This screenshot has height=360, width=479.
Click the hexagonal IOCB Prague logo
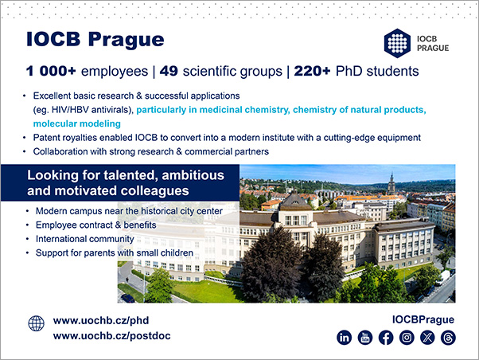[x=397, y=43]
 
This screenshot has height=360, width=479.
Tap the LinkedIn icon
[x=345, y=338]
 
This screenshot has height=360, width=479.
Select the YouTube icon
[x=365, y=338]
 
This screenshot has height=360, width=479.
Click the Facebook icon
[x=386, y=338]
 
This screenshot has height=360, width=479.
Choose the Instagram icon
[x=407, y=338]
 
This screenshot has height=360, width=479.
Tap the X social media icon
[x=427, y=338]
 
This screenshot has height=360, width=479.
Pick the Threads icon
[x=448, y=338]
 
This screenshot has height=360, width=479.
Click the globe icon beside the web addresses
[x=37, y=323]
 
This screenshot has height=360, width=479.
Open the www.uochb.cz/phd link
[x=101, y=321]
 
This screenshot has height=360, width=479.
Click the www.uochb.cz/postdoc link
[x=112, y=336]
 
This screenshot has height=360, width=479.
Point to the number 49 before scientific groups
[x=169, y=71]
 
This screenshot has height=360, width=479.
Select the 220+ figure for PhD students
[x=312, y=71]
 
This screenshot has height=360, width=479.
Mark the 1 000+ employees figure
[x=51, y=71]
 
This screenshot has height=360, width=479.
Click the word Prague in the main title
[x=127, y=41]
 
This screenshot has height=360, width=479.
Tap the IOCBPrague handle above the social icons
[x=423, y=319]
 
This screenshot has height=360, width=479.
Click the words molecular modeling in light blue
[x=77, y=124]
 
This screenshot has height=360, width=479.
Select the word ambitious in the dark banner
[x=193, y=175]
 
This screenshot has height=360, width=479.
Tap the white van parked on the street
[x=442, y=278]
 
